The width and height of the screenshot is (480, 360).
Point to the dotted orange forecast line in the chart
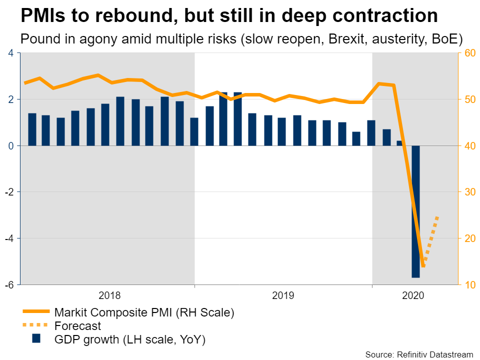(431, 240)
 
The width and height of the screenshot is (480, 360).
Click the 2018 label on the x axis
(109, 295)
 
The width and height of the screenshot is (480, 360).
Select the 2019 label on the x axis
(283, 295)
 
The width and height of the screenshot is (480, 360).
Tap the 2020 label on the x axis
(413, 295)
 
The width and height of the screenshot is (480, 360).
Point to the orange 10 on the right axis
(468, 284)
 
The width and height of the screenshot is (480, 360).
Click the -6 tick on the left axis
(9, 284)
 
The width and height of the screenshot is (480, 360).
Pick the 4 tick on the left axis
(11, 53)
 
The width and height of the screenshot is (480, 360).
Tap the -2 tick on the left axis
(9, 192)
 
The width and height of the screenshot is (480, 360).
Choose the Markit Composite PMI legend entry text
(144, 313)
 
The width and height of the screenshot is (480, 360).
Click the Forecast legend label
(78, 326)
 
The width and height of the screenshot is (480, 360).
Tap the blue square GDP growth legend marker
(36, 338)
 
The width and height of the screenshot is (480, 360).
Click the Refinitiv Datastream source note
(419, 354)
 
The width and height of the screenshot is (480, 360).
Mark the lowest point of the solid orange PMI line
(423, 266)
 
